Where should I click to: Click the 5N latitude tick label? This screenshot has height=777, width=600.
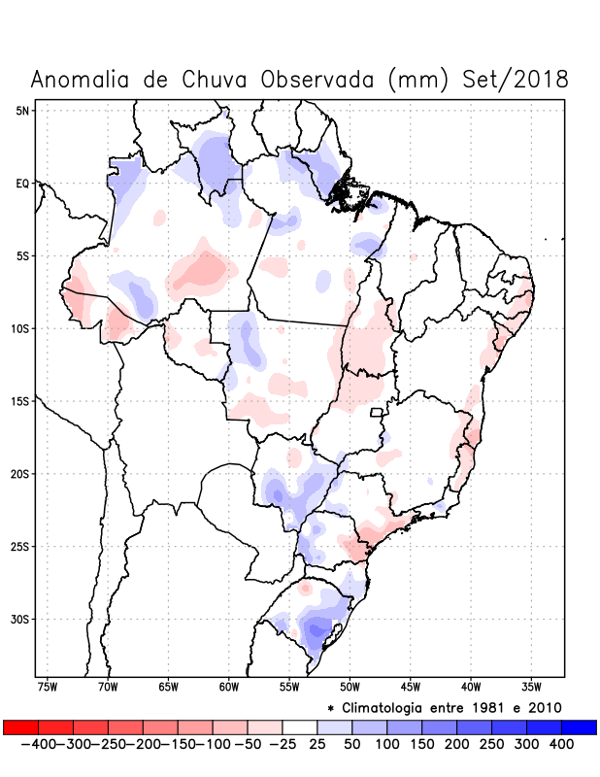point(22,111)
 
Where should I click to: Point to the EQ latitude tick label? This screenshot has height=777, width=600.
point(22,183)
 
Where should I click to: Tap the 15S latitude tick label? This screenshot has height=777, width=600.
point(20,401)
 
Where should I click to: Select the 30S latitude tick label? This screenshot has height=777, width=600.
point(20,619)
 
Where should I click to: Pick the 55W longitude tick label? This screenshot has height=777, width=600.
point(288,688)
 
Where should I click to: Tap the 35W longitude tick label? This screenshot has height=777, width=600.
point(529,688)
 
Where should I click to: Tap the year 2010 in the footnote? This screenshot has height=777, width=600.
point(546,707)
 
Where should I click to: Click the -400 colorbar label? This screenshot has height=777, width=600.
point(38,744)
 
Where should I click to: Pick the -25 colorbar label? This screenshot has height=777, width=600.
point(283,744)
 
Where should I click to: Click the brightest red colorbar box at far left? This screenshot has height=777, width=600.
point(21,727)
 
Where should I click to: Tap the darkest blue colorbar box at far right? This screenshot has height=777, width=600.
point(579,727)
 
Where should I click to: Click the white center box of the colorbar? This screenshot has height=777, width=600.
point(300,727)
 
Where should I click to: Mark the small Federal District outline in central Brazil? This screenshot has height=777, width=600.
point(378,412)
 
